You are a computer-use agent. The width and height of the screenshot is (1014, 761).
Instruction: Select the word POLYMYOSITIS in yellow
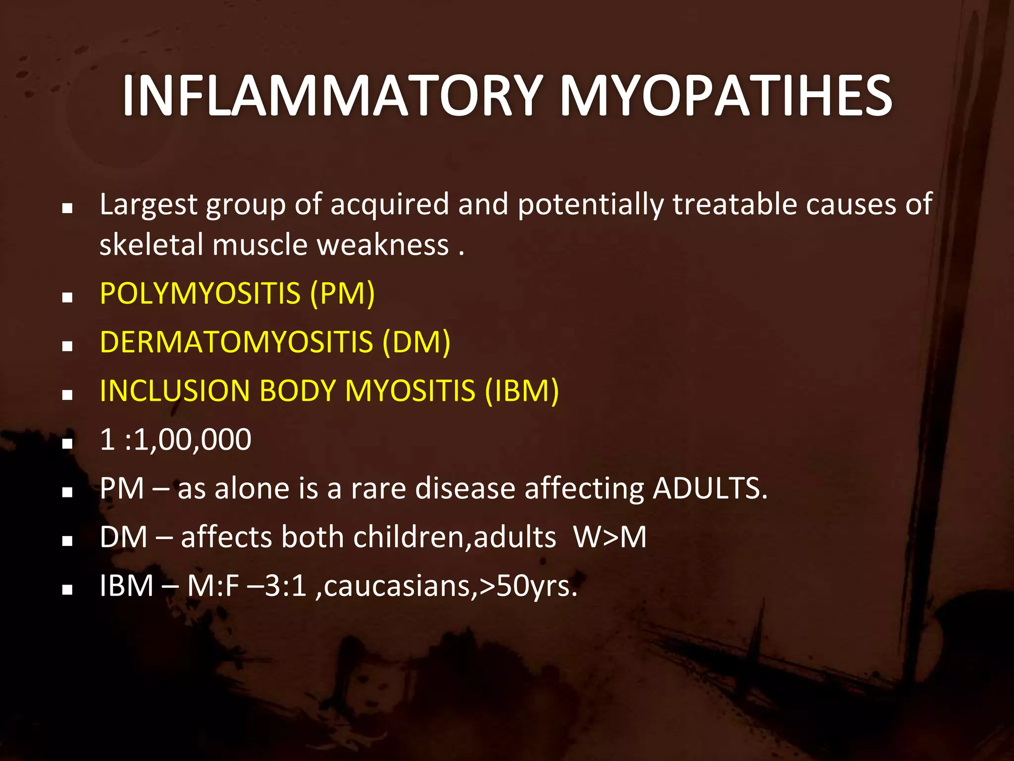200,293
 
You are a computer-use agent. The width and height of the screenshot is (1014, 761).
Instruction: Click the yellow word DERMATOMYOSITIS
236,342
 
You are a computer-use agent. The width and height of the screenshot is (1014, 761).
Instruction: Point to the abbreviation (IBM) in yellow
522,390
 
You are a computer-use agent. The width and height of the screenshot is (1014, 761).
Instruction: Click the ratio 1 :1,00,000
176,439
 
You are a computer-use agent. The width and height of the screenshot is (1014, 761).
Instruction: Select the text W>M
610,537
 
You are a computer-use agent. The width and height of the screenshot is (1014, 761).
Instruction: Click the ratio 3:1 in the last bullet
286,586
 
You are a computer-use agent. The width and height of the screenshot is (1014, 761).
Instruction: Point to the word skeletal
152,245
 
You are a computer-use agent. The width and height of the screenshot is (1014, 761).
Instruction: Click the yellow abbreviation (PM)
342,293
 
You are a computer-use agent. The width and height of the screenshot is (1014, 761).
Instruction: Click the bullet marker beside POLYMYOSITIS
68,297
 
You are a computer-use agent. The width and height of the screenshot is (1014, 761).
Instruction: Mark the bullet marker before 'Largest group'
68,208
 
